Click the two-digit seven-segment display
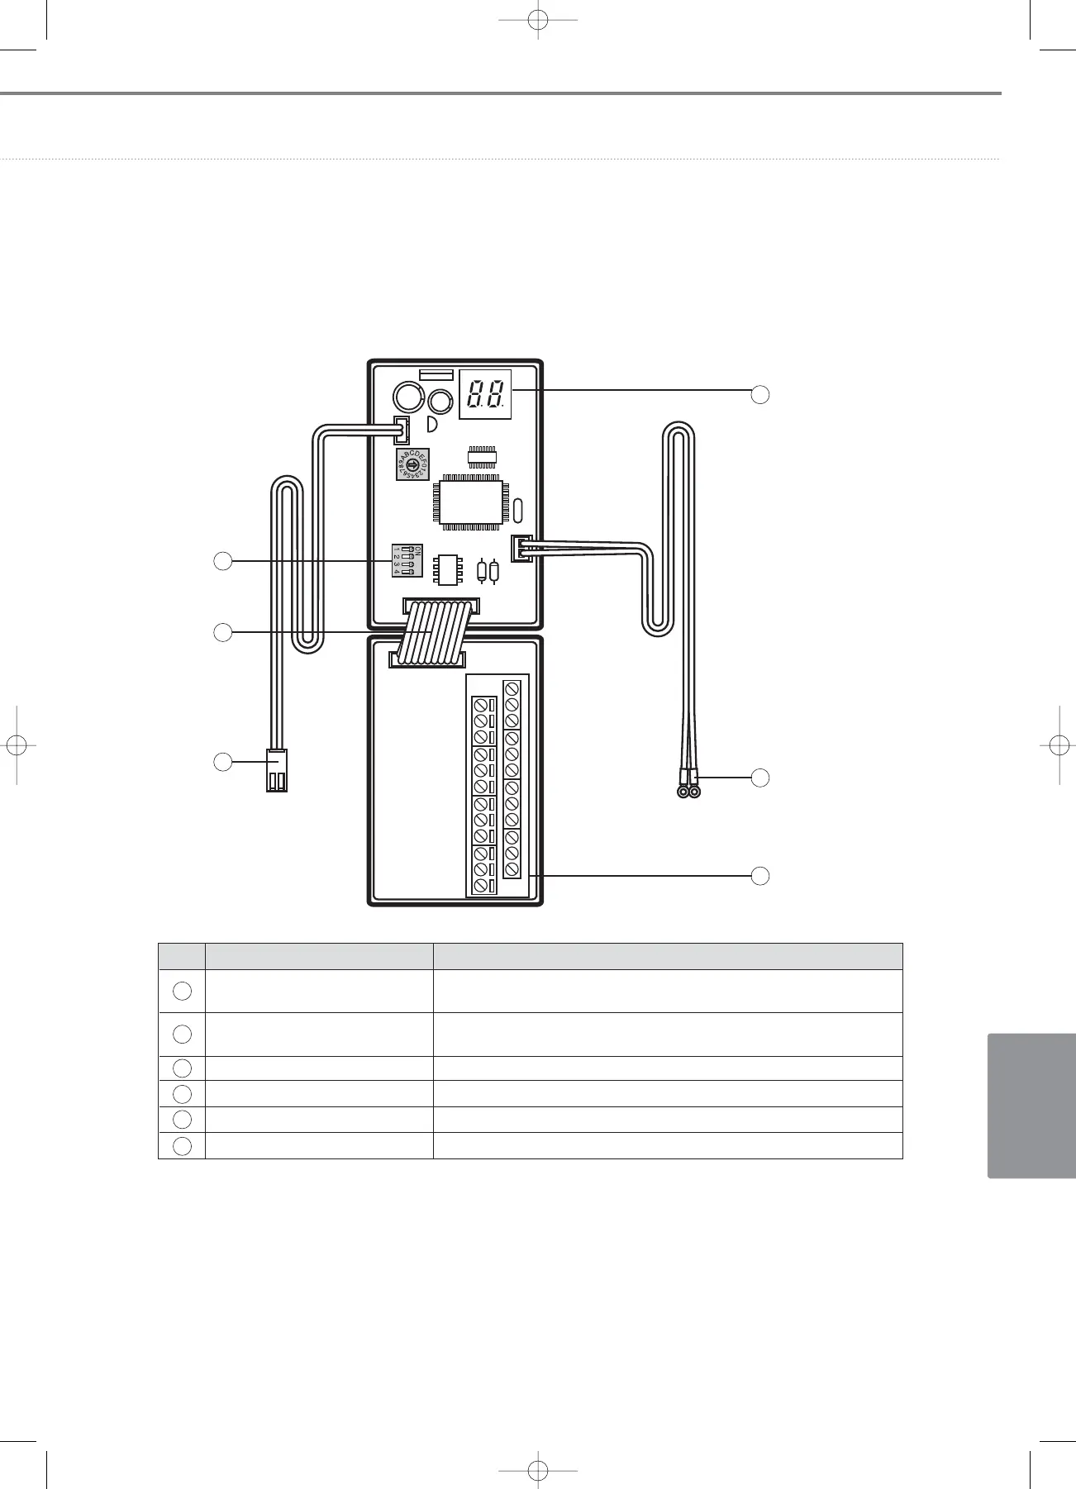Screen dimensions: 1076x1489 click(x=485, y=393)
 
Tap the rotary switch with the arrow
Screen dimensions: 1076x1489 click(x=412, y=466)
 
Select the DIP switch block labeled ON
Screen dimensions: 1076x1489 click(x=407, y=560)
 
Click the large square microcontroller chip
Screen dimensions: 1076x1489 click(x=471, y=501)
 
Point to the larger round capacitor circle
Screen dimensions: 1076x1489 click(x=407, y=398)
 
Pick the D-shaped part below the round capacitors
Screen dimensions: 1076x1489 click(x=431, y=425)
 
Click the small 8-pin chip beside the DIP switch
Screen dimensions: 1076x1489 click(x=449, y=568)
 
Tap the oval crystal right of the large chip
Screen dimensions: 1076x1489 click(x=518, y=511)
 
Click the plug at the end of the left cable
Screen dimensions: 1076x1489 click(x=277, y=770)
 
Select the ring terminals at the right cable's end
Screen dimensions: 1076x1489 click(x=688, y=792)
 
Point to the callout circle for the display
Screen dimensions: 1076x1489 click(x=760, y=394)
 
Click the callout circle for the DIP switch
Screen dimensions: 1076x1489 click(x=222, y=561)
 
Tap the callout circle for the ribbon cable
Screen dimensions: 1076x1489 click(x=222, y=633)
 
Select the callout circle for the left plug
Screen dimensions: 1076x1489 click(x=222, y=762)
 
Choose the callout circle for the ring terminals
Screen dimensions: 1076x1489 click(x=760, y=778)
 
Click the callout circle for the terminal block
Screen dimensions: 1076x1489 click(x=760, y=876)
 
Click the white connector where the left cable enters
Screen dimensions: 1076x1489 click(x=402, y=430)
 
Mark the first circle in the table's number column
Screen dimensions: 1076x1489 click(x=183, y=990)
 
